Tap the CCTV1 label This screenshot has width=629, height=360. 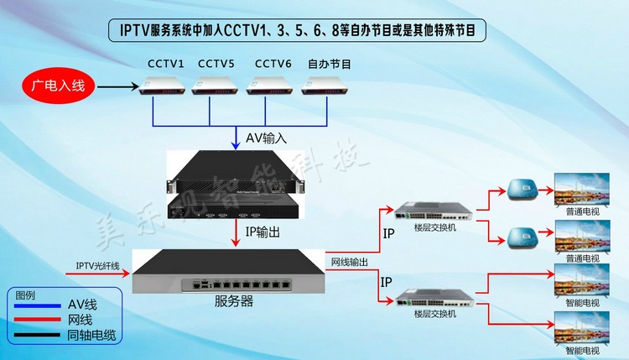(166, 64)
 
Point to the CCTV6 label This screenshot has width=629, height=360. (273, 64)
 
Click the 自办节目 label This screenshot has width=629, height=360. (330, 64)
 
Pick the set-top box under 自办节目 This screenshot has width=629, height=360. (325, 85)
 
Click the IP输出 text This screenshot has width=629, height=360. (267, 230)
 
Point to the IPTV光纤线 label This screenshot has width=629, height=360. (98, 266)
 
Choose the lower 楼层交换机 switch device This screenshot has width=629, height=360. (430, 299)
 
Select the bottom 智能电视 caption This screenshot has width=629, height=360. (581, 350)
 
